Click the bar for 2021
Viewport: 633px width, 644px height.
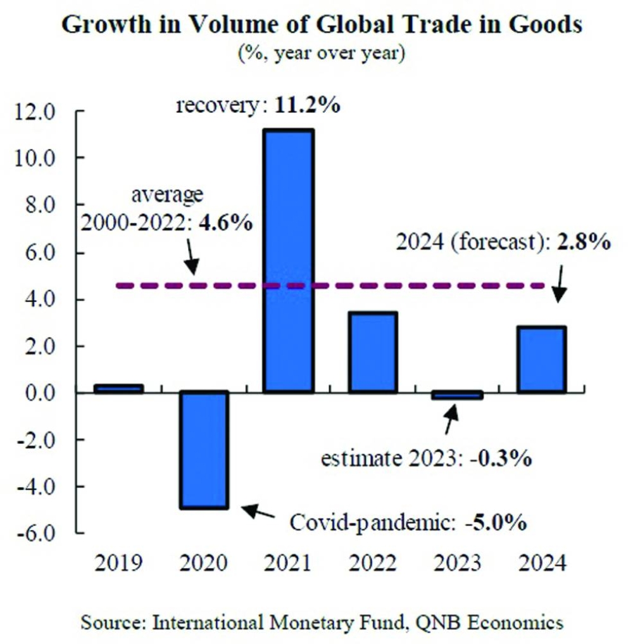(288, 261)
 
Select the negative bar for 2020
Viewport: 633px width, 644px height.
(203, 450)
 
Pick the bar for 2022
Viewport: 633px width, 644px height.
(373, 352)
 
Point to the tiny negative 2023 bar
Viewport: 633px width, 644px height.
(458, 396)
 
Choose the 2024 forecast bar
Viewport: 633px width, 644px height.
(542, 360)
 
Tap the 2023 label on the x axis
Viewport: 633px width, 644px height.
(457, 562)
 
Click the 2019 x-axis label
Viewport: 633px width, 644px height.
(118, 562)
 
